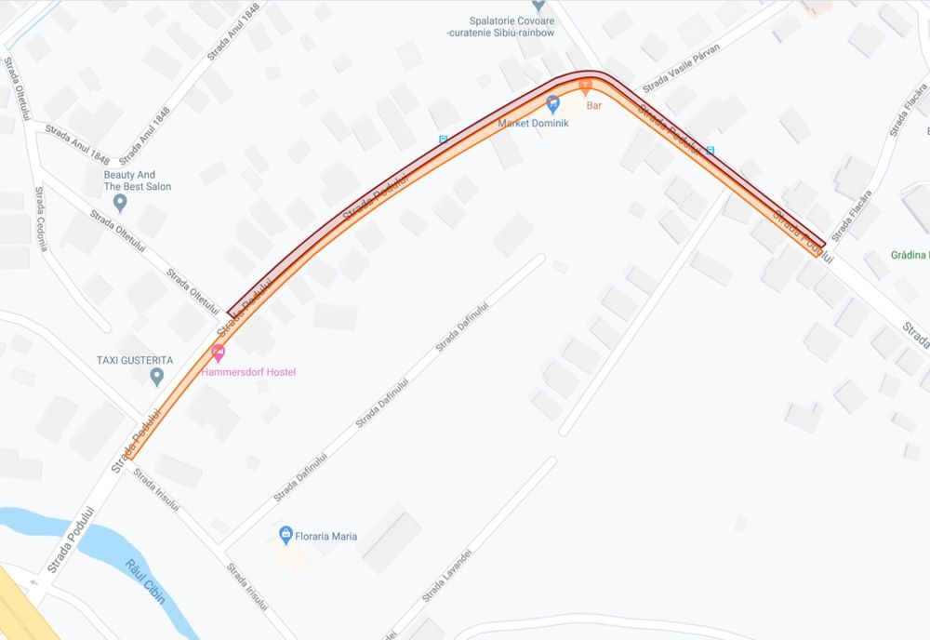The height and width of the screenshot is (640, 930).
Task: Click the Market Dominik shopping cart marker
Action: click(552, 102)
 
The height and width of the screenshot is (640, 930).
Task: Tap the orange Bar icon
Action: click(585, 87)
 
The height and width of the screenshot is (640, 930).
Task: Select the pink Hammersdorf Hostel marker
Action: click(218, 353)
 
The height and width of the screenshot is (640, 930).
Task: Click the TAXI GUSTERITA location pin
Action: click(157, 376)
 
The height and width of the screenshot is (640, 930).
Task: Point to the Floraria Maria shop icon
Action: click(286, 535)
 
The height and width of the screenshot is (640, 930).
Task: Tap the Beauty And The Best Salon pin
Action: click(119, 202)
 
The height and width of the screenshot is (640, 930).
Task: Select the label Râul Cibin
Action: click(146, 583)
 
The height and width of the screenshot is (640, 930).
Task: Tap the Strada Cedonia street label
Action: click(41, 219)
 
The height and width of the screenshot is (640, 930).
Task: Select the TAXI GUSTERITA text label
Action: click(135, 359)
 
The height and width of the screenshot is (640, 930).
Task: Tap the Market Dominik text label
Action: click(533, 123)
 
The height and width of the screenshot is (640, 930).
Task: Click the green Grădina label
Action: click(910, 255)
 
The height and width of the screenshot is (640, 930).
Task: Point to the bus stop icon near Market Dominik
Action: click(443, 140)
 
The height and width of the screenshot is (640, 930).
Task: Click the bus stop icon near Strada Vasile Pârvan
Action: click(711, 150)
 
